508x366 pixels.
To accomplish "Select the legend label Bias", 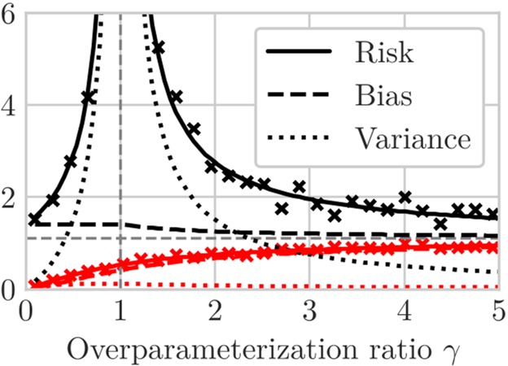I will coord(383,96).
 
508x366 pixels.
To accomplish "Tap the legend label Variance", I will coord(413,138).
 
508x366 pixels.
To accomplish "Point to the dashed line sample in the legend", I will coord(300,96).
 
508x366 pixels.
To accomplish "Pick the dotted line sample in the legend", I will coord(300,138).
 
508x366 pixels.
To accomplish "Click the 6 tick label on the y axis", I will coord(9,14).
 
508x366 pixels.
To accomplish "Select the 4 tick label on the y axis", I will coord(9,107).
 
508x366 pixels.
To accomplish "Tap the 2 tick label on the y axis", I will coord(9,198).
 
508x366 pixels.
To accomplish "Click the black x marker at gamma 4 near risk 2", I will coord(404,197).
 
